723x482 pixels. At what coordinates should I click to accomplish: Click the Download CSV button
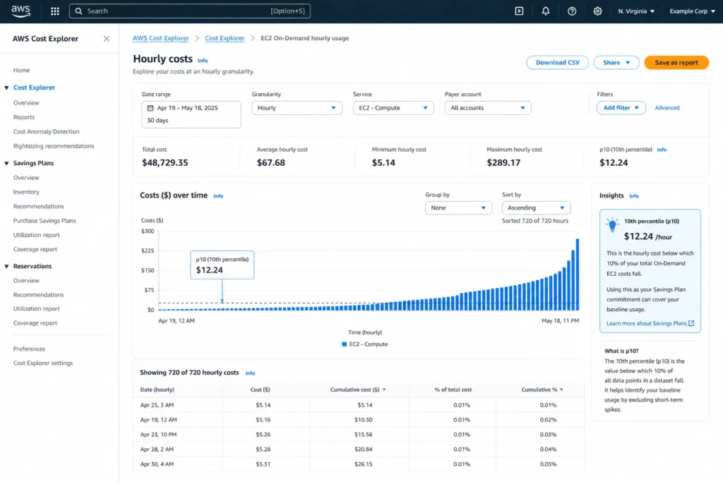pos(557,63)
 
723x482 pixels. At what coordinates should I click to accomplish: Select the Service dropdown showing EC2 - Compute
pos(393,108)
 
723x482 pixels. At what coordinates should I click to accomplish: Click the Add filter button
pos(621,108)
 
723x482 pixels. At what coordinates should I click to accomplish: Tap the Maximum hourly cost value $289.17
pos(503,163)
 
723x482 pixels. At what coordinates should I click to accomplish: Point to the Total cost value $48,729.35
pos(165,163)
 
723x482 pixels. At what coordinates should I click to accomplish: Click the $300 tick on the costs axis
pos(147,231)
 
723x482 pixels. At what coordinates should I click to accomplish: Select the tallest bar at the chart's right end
pos(578,274)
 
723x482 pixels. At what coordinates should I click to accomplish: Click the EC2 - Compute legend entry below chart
pos(364,344)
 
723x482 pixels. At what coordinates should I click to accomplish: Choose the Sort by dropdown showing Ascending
pos(536,208)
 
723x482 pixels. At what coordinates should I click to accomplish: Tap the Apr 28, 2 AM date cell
pos(157,450)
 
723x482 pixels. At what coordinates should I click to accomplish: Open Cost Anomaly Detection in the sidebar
pos(46,132)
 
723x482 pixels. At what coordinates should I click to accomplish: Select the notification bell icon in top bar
pos(545,11)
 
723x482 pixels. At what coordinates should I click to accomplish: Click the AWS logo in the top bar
pos(20,11)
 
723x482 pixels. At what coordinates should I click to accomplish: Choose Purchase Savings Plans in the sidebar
pos(44,221)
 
